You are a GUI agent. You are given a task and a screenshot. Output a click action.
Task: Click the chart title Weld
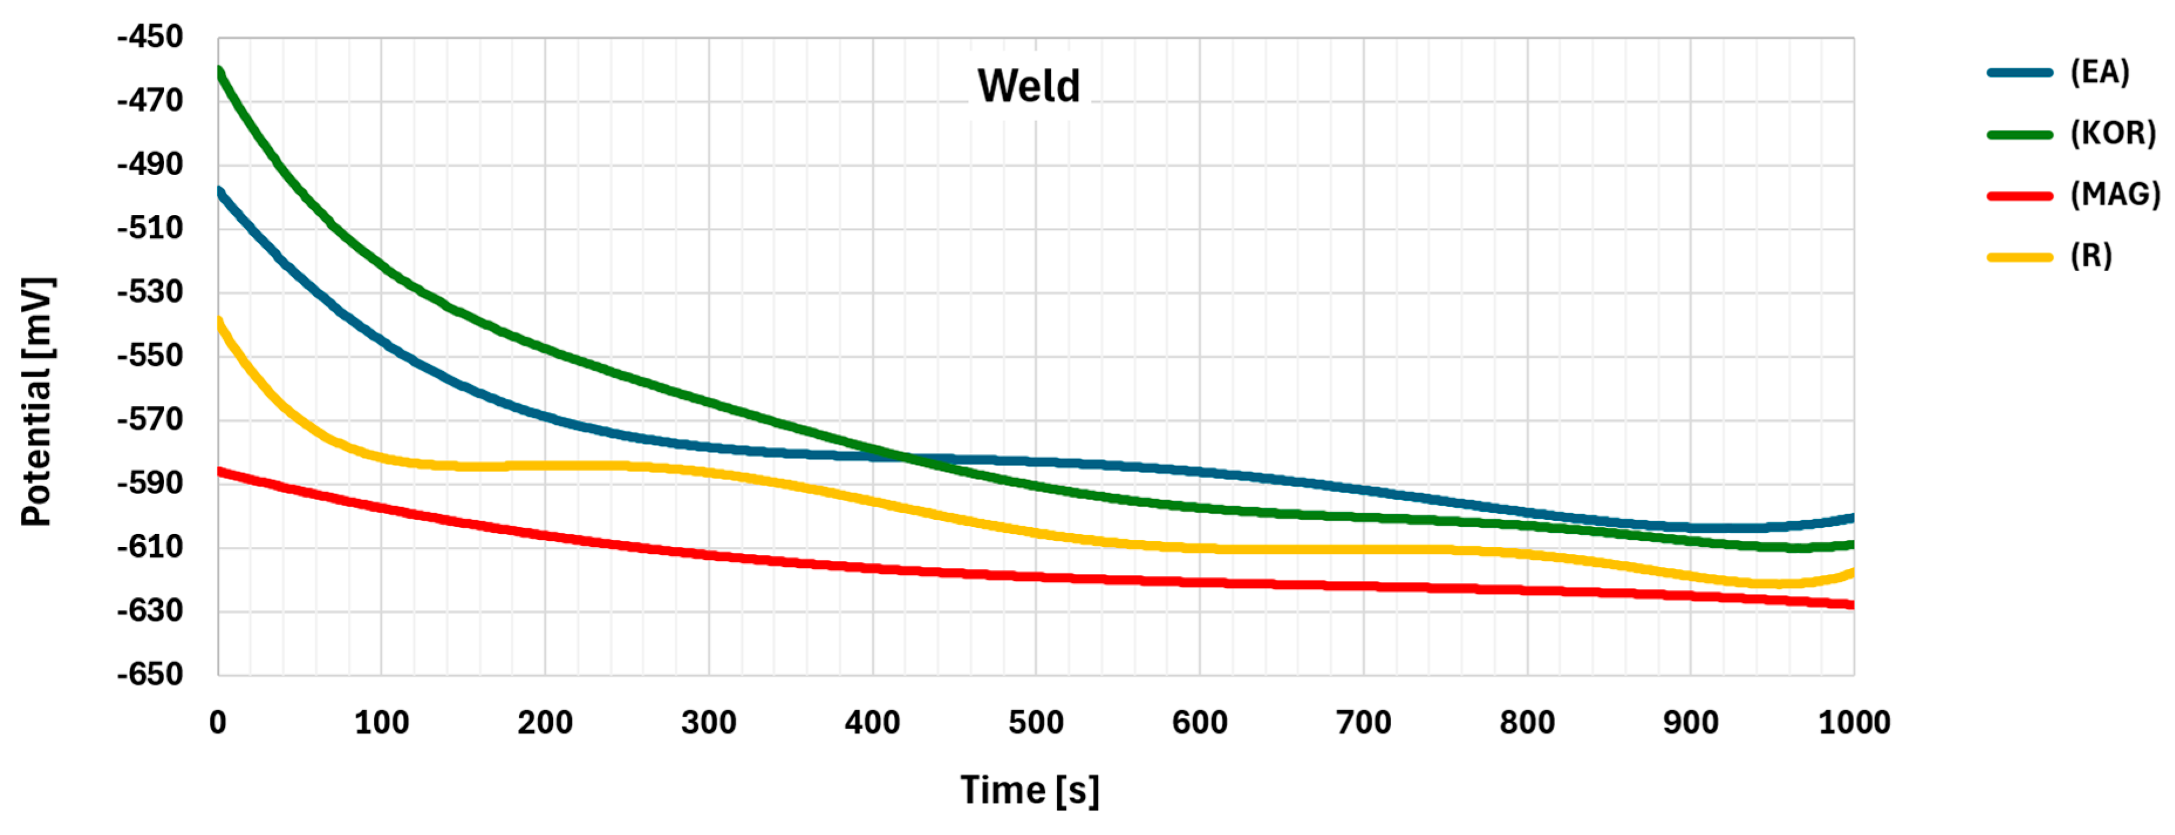point(1029,86)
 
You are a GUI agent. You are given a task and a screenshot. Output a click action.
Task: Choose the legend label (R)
point(2091,256)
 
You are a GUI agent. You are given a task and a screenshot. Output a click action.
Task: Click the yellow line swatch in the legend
point(2020,256)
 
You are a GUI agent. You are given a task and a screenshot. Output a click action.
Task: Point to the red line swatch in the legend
point(2020,196)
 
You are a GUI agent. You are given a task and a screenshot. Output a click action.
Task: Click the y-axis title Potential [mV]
point(37,401)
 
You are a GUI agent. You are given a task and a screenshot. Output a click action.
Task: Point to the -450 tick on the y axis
point(151,37)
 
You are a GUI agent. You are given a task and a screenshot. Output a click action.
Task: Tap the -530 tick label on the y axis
point(151,292)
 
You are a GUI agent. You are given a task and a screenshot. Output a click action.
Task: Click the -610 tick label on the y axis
point(151,547)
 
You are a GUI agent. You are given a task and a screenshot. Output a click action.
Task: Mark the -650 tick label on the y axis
point(151,675)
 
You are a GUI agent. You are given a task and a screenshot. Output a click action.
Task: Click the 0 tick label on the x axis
point(218,723)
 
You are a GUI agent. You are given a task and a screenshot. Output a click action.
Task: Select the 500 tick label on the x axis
point(1036,723)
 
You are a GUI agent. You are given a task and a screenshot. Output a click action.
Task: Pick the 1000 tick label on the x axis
point(1853,723)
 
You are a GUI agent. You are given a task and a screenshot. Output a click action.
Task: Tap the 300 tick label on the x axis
point(708,723)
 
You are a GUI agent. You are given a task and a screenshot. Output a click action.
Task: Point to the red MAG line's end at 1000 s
point(1852,604)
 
